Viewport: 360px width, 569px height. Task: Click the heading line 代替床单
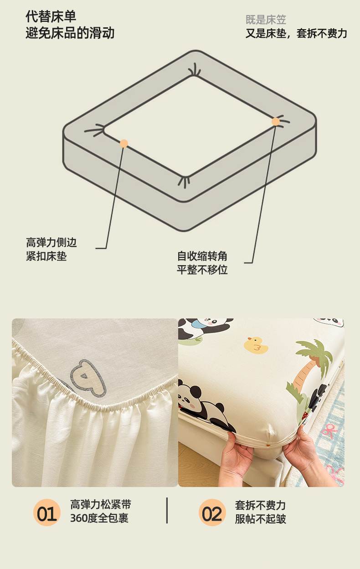[51, 16]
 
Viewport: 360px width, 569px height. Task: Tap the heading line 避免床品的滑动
[70, 33]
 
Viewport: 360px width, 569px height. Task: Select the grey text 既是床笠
[266, 20]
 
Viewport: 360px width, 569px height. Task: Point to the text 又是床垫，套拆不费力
[296, 33]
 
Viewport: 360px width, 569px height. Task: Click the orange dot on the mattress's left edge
[124, 144]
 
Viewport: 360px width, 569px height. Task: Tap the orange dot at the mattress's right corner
[276, 122]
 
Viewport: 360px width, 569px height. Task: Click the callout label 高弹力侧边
[51, 242]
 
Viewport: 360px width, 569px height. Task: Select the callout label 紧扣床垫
[46, 256]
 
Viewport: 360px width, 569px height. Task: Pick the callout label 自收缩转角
[202, 256]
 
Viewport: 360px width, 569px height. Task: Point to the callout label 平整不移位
[202, 270]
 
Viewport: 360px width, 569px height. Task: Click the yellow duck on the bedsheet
[256, 345]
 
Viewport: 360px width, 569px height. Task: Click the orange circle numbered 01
[47, 513]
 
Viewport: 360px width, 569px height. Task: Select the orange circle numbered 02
[212, 513]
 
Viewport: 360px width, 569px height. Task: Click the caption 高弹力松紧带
[101, 504]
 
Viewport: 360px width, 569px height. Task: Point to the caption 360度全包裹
[99, 518]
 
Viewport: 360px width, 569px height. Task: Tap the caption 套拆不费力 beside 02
[260, 505]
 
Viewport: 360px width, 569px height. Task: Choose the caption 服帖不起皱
[260, 519]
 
